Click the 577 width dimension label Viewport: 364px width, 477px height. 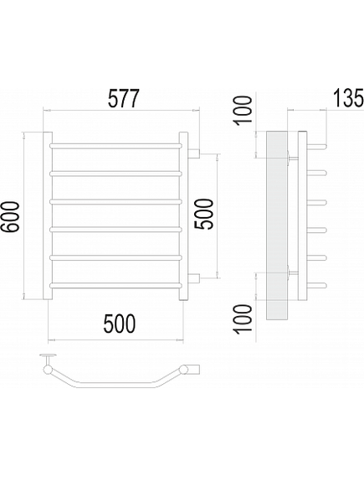[x=124, y=99]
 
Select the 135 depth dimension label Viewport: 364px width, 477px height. [x=348, y=97]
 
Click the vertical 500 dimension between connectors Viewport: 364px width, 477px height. [x=204, y=214]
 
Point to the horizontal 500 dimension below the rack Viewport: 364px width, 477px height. [x=120, y=324]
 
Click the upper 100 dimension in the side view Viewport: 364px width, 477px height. [x=243, y=110]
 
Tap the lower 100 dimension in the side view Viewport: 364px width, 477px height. [x=243, y=319]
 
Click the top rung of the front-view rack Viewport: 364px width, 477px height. [x=115, y=146]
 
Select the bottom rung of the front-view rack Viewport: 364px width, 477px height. [x=115, y=286]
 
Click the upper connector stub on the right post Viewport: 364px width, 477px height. [x=193, y=153]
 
